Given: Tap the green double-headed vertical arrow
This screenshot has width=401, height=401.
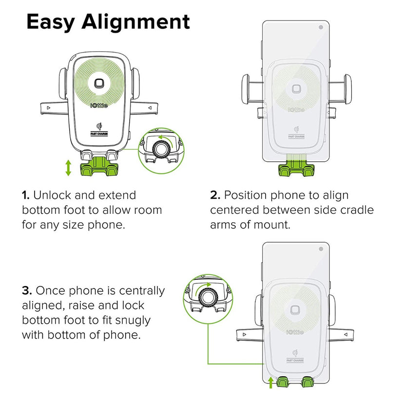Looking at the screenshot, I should coord(69,168).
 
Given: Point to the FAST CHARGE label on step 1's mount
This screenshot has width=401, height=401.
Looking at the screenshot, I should coord(100,134).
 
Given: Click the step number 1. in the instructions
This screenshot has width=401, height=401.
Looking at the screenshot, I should coord(25,195).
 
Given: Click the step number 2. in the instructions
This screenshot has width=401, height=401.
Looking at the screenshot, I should coord(215,195).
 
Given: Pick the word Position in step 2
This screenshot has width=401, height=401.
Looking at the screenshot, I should coord(245,195).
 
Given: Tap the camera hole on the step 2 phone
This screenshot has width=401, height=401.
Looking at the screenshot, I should coord(321,27).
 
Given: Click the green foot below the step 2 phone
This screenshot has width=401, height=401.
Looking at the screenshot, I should coord(295,171).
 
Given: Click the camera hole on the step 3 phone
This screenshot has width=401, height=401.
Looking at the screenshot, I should coord(321,249).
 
